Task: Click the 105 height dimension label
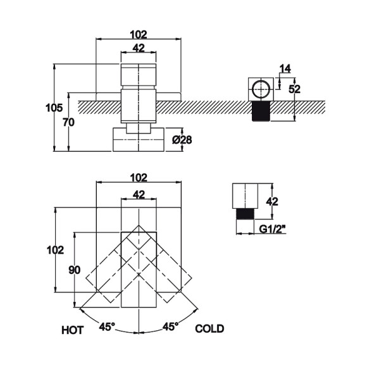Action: coord(54,108)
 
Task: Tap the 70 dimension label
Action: coord(68,122)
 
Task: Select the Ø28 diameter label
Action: coord(182,140)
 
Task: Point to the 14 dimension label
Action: coord(285,68)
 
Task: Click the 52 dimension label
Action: coord(294,89)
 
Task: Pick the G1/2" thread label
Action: coord(273,229)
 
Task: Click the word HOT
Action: coord(73,330)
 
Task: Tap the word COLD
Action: coord(209,328)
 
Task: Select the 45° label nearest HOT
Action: coord(107,327)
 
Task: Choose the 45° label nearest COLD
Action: coord(170,327)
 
